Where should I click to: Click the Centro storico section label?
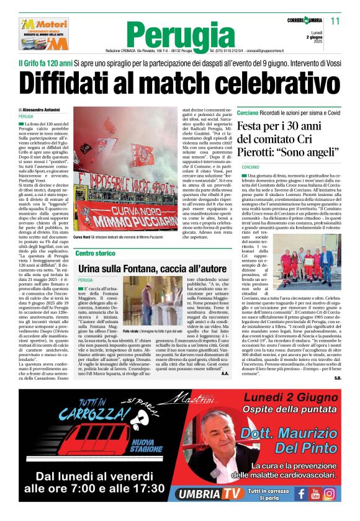(95, 253)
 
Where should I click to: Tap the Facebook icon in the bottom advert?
(300, 494)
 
